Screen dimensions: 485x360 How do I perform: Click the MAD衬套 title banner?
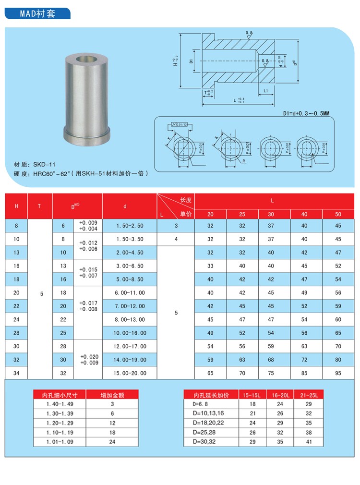[37, 13]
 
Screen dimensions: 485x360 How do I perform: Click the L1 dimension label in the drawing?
[265, 90]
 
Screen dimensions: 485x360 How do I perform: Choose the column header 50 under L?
[338, 214]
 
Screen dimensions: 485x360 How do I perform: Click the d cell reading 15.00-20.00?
[130, 373]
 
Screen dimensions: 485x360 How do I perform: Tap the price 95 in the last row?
[338, 373]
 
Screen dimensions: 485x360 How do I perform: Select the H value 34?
[16, 373]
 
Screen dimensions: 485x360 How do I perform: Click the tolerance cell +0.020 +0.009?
[88, 360]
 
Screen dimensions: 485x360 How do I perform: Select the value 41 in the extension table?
[309, 441]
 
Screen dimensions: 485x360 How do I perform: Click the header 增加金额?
[112, 395]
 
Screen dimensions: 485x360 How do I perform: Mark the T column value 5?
[41, 294]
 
